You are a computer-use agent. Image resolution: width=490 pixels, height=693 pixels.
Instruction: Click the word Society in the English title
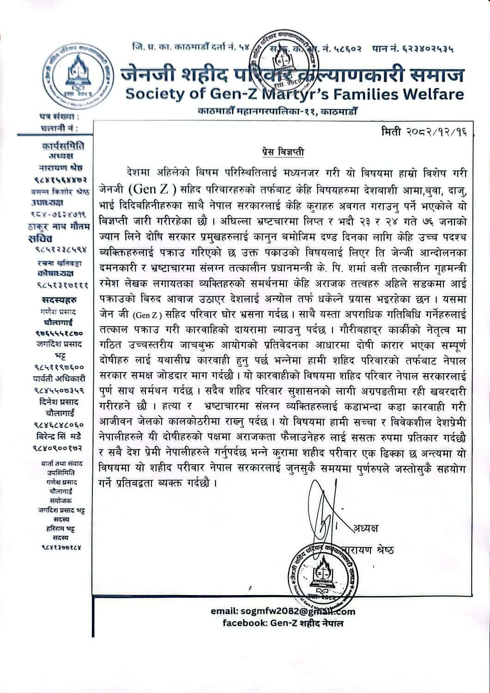tap(153, 94)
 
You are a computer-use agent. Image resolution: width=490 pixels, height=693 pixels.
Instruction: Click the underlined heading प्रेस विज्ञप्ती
tap(280, 152)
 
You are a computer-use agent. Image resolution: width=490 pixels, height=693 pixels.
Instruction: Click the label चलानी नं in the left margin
tap(59, 128)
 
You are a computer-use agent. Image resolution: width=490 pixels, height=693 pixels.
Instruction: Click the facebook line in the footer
tap(283, 623)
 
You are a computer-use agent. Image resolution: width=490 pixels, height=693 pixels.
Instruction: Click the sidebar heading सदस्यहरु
tap(59, 300)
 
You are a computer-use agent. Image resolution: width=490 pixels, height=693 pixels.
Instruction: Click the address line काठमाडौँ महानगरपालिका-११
tap(277, 111)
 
